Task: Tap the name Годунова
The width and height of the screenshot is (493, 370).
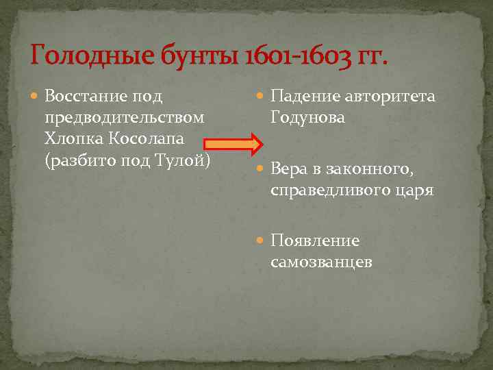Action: click(308, 117)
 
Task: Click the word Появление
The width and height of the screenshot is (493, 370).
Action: click(315, 241)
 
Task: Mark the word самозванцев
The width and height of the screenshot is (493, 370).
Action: click(321, 262)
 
